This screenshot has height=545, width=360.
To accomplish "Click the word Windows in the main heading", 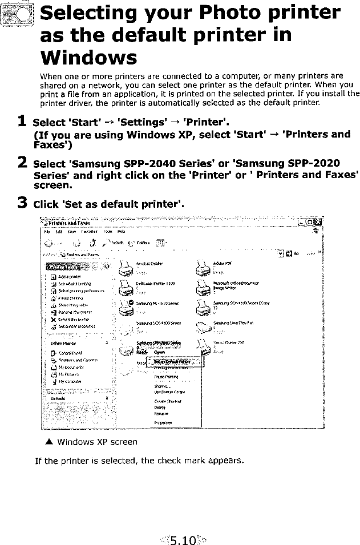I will pyautogui.click(x=88, y=58).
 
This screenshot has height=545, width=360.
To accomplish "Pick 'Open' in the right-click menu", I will pyautogui.click(x=161, y=352).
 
